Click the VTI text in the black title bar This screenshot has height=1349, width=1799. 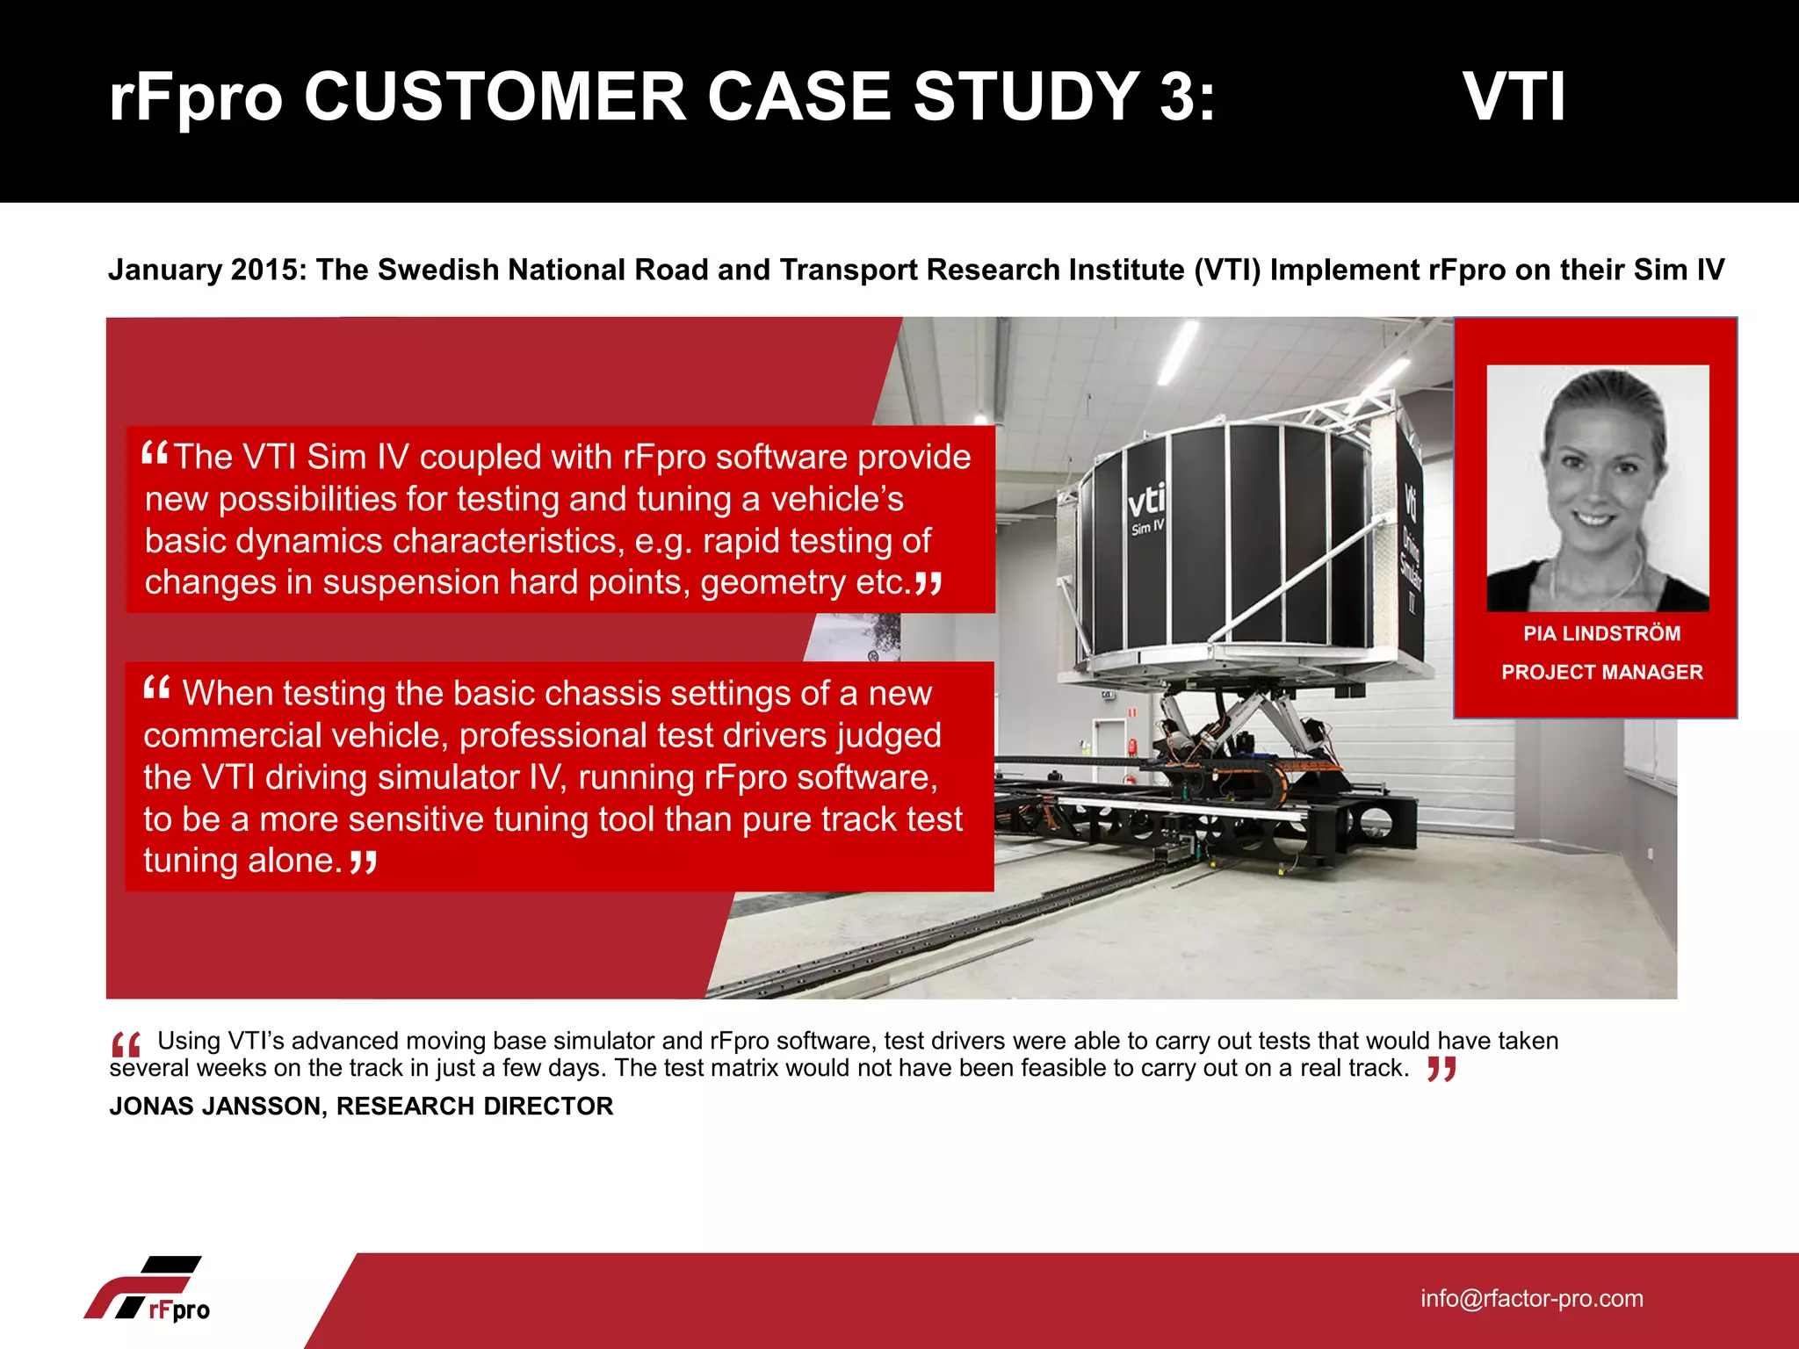coord(1514,97)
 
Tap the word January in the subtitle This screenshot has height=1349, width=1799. coord(164,270)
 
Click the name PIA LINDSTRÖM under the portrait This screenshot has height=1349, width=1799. coord(1601,633)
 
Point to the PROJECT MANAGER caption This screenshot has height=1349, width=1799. coord(1601,672)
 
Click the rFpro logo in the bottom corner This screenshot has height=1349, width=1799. coord(149,1289)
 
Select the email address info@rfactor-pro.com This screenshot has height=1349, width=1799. coord(1531,1298)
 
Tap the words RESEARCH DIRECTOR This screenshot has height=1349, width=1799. coord(474,1106)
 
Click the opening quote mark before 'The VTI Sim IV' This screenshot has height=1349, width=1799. coord(155,453)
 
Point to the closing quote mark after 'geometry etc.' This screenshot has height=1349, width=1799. coord(928,582)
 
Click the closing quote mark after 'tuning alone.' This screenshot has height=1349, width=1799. coord(363,862)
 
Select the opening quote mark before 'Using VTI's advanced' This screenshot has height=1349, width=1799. coord(126,1045)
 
